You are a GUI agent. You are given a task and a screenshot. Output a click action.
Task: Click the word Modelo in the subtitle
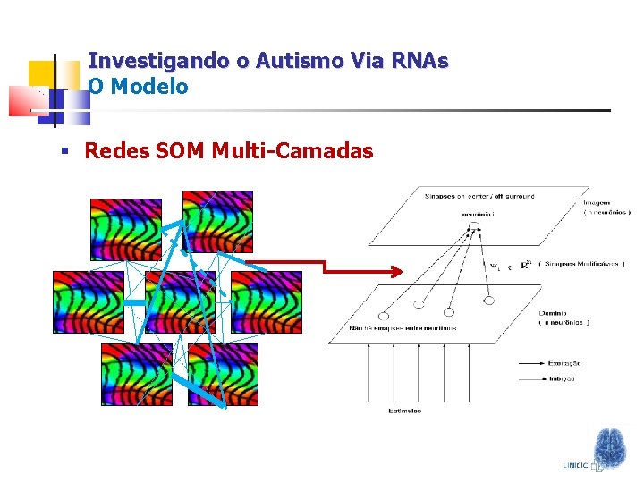point(148,87)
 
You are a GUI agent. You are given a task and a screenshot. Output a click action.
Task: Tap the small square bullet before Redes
point(64,151)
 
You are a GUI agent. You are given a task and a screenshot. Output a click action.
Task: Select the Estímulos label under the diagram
point(404,411)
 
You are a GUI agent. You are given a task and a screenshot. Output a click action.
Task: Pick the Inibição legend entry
point(563,378)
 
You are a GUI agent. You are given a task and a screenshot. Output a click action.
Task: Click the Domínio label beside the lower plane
point(553,313)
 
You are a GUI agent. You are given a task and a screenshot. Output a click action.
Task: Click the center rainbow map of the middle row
point(180,301)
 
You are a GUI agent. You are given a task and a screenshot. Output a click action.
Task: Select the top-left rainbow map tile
point(126,229)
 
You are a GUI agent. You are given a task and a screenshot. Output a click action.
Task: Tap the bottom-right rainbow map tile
point(223,374)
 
